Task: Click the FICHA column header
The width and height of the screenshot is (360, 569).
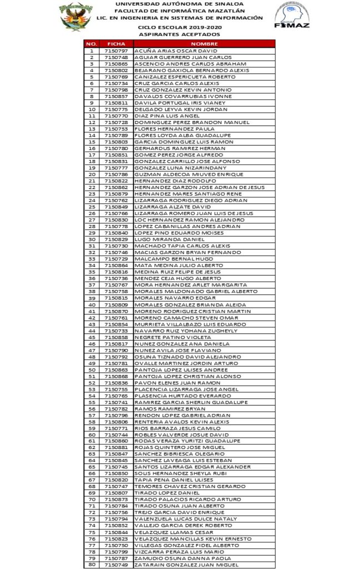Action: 116,43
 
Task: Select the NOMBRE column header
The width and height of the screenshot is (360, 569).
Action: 204,43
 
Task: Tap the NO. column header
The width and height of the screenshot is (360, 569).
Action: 92,43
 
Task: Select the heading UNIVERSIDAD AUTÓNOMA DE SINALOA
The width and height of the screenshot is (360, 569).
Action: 179,3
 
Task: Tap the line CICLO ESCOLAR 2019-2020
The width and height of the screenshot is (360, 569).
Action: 179,26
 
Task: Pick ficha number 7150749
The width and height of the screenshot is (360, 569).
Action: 116,565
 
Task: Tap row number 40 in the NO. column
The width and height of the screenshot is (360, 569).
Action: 92,304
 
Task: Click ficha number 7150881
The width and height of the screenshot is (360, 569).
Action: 116,447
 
